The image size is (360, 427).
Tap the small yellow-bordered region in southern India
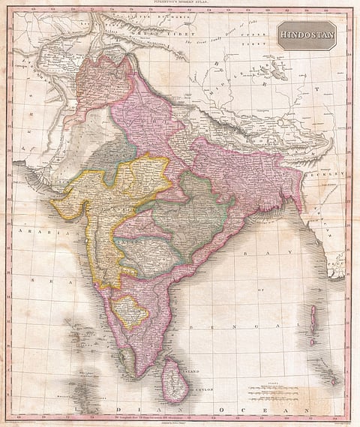(130, 311)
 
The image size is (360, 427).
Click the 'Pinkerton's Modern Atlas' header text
(180, 5)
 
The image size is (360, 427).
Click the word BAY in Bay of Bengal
(247, 254)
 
